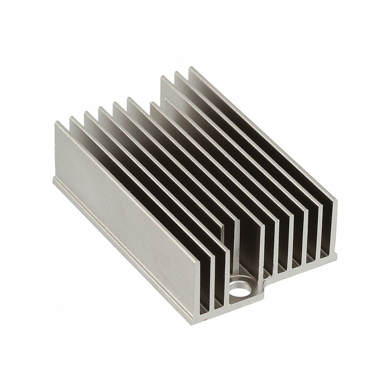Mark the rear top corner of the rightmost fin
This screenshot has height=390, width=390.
(x=191, y=68)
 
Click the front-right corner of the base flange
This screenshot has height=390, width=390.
(x=336, y=253)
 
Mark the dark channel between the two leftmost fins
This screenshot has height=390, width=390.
(x=146, y=185)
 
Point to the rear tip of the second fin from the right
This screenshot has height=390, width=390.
(x=177, y=73)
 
